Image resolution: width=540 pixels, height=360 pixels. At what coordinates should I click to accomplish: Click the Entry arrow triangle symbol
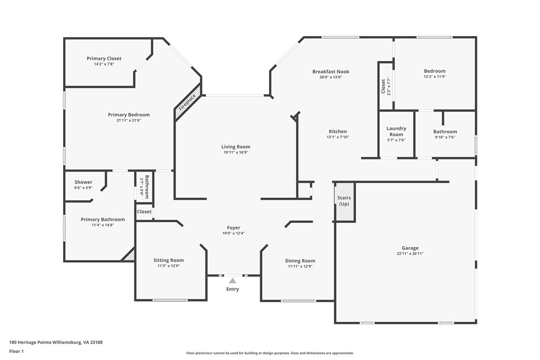tap(232, 281)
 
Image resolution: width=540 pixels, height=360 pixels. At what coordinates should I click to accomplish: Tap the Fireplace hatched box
tap(188, 103)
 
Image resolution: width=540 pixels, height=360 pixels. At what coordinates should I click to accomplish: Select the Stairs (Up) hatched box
tap(344, 201)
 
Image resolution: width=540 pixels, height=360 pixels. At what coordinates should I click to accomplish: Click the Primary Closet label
tap(104, 59)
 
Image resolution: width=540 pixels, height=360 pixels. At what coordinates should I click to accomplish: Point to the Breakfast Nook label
tap(331, 72)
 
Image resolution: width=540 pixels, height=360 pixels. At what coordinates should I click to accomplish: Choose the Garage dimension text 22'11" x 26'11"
tap(410, 254)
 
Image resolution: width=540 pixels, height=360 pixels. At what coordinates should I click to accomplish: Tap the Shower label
tap(84, 182)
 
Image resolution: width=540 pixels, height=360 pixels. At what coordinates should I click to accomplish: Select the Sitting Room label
tap(169, 260)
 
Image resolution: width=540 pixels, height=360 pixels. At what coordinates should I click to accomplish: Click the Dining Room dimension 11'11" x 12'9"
tap(300, 267)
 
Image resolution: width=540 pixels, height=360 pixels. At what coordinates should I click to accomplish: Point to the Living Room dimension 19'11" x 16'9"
tap(236, 153)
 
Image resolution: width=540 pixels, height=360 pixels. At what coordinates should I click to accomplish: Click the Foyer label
tap(234, 228)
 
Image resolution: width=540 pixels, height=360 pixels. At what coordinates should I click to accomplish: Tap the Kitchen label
tap(338, 132)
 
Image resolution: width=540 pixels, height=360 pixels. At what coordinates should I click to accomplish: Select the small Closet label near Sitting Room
tap(144, 212)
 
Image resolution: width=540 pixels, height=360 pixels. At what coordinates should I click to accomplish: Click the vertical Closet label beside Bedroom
tap(383, 86)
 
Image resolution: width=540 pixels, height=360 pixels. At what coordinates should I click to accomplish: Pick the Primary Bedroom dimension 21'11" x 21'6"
tap(129, 120)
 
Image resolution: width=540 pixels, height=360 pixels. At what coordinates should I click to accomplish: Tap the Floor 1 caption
tap(16, 351)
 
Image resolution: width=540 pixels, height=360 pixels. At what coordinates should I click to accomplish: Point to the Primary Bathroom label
tap(103, 219)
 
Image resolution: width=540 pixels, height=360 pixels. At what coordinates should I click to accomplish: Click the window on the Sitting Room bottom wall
tap(170, 300)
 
